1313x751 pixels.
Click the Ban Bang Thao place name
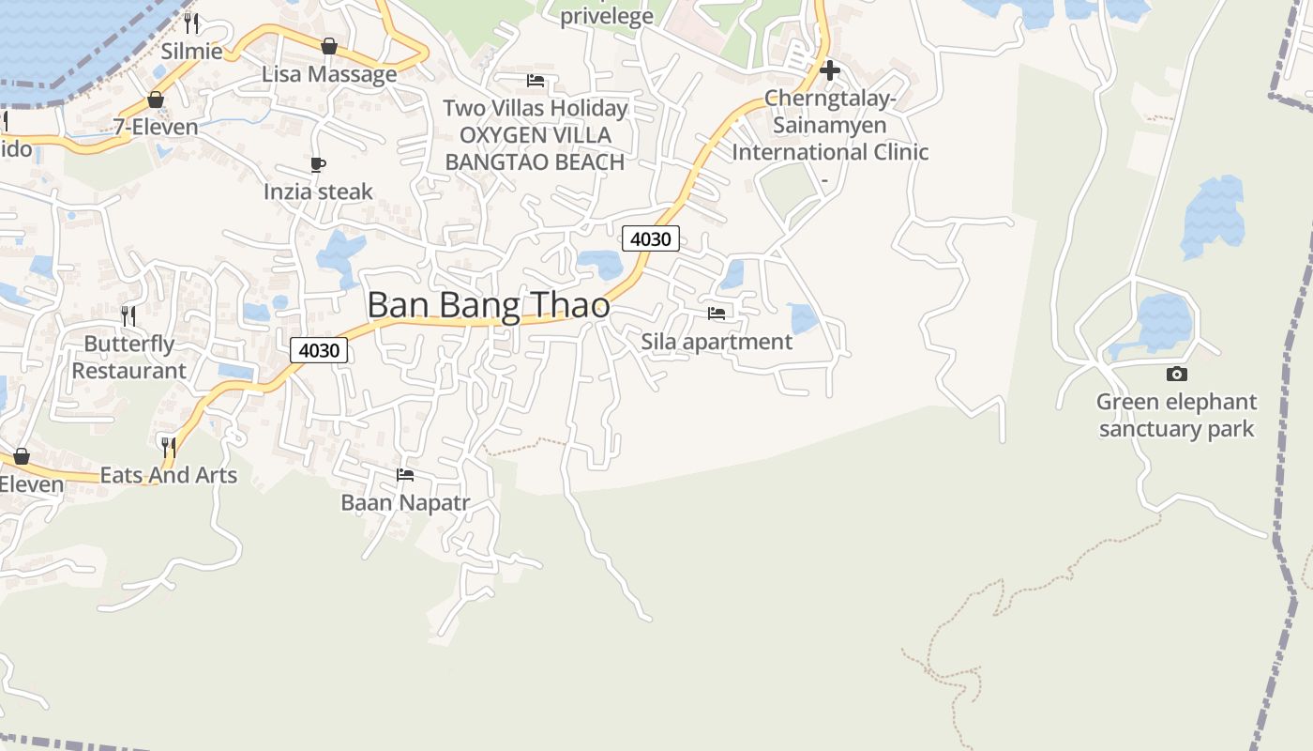(x=488, y=306)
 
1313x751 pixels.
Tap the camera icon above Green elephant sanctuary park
(x=1176, y=374)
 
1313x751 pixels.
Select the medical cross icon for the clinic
(x=829, y=70)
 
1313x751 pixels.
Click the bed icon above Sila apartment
(x=717, y=313)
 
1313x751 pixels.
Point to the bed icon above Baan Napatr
(x=405, y=475)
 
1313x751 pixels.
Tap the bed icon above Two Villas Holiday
(x=536, y=81)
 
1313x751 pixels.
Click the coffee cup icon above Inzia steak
(x=318, y=165)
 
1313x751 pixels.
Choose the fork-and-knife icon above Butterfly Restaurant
(x=128, y=315)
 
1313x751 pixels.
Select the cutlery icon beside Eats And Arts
(x=169, y=447)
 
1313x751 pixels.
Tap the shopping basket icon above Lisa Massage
(x=329, y=46)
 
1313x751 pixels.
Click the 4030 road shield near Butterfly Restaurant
(x=319, y=350)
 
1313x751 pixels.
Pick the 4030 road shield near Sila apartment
(x=650, y=238)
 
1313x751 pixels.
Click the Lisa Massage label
(x=329, y=74)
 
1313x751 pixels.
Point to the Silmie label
(x=192, y=51)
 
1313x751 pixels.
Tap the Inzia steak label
(x=318, y=192)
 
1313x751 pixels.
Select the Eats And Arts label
(x=169, y=475)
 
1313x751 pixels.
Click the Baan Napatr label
(x=405, y=502)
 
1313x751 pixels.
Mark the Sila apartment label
(x=717, y=341)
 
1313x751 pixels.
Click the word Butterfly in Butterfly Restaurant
(x=129, y=344)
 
